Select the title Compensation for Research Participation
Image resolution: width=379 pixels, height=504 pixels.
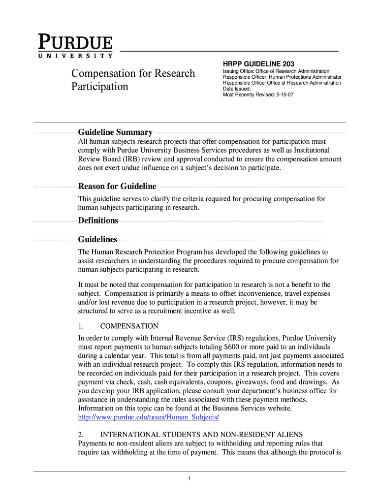pos(133,80)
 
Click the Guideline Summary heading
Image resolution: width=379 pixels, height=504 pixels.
pos(115,132)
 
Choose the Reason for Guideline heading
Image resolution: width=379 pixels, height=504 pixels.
pos(117,187)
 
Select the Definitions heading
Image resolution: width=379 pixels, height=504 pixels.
pos(98,220)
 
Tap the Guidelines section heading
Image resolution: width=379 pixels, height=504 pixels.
pos(97,240)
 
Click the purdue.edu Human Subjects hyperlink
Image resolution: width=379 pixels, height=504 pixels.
pos(149,417)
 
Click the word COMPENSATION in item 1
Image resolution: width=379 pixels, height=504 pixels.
pos(129,326)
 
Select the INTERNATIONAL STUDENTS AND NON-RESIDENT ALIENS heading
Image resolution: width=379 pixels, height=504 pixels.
pos(201,435)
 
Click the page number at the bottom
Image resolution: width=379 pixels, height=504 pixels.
pos(189,479)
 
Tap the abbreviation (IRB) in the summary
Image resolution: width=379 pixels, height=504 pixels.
pos(132,159)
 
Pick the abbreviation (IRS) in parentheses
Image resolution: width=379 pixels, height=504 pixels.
pos(238,338)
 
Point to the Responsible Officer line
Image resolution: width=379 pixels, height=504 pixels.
pos(282,77)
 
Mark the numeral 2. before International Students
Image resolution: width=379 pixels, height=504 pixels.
pos(81,435)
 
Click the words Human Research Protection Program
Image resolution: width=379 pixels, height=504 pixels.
pos(147,252)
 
